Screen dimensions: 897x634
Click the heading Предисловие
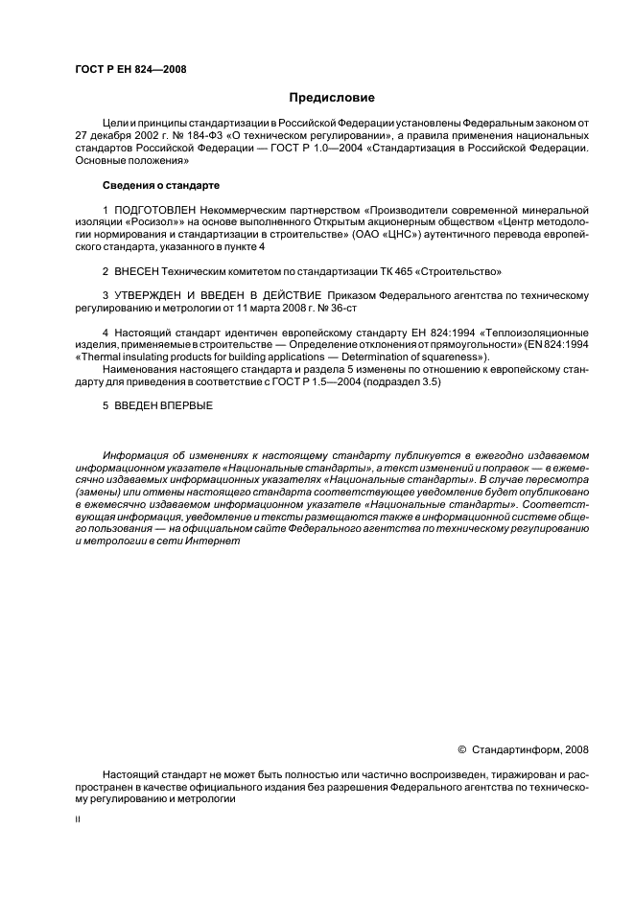[x=333, y=98]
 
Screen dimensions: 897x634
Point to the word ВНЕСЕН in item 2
[x=138, y=271]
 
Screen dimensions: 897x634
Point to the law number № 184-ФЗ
[x=191, y=137]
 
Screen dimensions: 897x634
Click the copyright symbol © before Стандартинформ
[x=461, y=749]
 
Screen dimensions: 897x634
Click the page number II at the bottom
[x=78, y=820]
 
